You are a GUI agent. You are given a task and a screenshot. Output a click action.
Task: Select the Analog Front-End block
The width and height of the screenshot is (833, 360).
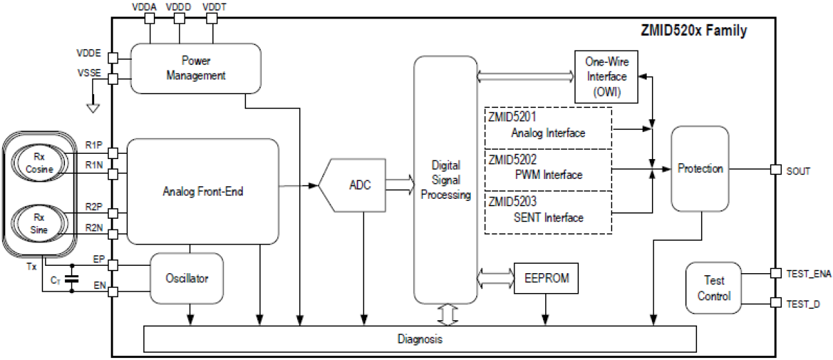pyautogui.click(x=202, y=192)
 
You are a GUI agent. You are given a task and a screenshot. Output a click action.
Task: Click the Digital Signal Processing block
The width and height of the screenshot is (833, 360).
pyautogui.click(x=445, y=179)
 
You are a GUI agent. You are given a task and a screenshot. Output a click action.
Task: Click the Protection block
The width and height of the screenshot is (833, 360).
pyautogui.click(x=700, y=169)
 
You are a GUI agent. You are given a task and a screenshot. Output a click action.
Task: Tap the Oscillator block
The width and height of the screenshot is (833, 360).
pyautogui.click(x=186, y=278)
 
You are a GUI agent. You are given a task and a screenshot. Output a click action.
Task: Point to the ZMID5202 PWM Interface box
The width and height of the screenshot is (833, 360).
pyautogui.click(x=547, y=169)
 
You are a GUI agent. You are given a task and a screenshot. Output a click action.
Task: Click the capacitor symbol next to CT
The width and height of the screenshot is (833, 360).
pyautogui.click(x=72, y=279)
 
